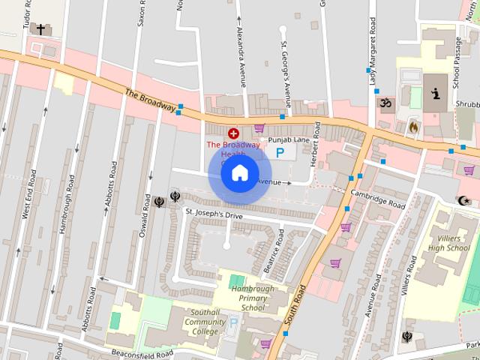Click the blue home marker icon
point(239,173)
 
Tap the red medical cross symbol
point(233,133)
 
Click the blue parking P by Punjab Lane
point(280,153)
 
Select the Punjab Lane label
point(289,139)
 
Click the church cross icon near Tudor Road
point(40,30)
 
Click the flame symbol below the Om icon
point(412,127)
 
